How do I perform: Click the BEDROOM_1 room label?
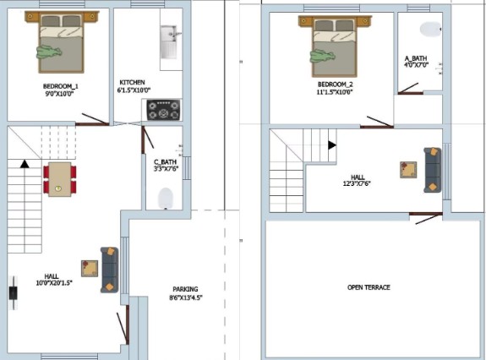[61, 86]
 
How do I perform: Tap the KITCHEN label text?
[132, 83]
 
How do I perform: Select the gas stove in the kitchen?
[163, 110]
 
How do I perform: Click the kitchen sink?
[168, 42]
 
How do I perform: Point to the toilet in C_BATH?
[165, 199]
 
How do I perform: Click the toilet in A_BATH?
[430, 29]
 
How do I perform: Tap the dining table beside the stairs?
[60, 179]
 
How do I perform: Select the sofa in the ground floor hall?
[109, 270]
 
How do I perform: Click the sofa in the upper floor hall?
[433, 170]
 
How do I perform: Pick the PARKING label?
[185, 289]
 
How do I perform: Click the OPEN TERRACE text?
[369, 287]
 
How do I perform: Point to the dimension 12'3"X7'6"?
[357, 183]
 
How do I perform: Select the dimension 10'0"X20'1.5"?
[54, 282]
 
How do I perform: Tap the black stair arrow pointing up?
[25, 164]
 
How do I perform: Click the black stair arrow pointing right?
[332, 145]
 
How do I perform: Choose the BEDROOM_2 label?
[335, 85]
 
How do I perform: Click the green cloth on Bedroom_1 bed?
[49, 52]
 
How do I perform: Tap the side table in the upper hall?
[408, 170]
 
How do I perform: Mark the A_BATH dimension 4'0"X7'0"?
[416, 65]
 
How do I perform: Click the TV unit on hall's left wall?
[13, 292]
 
